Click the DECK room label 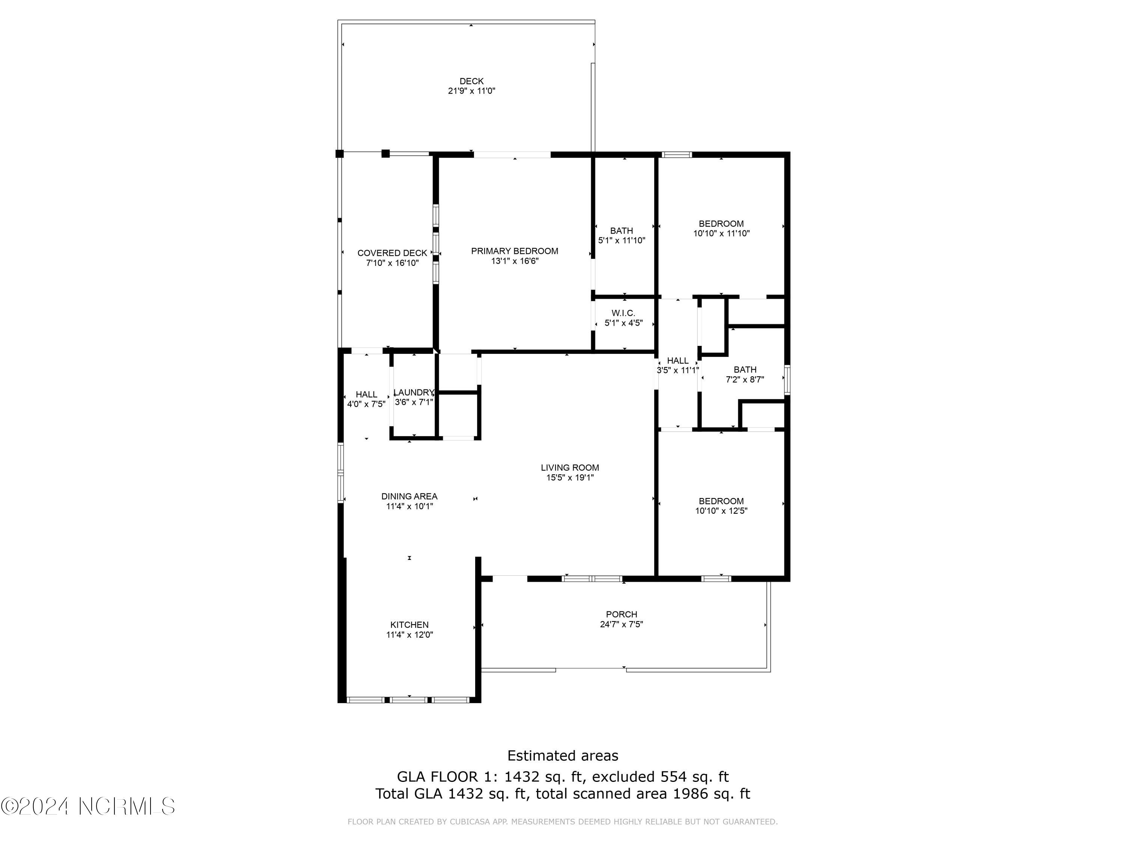[471, 81]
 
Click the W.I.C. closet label [623, 313]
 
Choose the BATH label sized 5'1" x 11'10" [621, 231]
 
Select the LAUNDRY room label [413, 392]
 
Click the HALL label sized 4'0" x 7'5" [366, 394]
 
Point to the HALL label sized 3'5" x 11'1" [677, 361]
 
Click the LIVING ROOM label [570, 468]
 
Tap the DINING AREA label [409, 496]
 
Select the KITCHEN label [409, 625]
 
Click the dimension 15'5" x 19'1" [570, 478]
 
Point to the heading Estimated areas [563, 755]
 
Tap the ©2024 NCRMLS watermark [88, 806]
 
